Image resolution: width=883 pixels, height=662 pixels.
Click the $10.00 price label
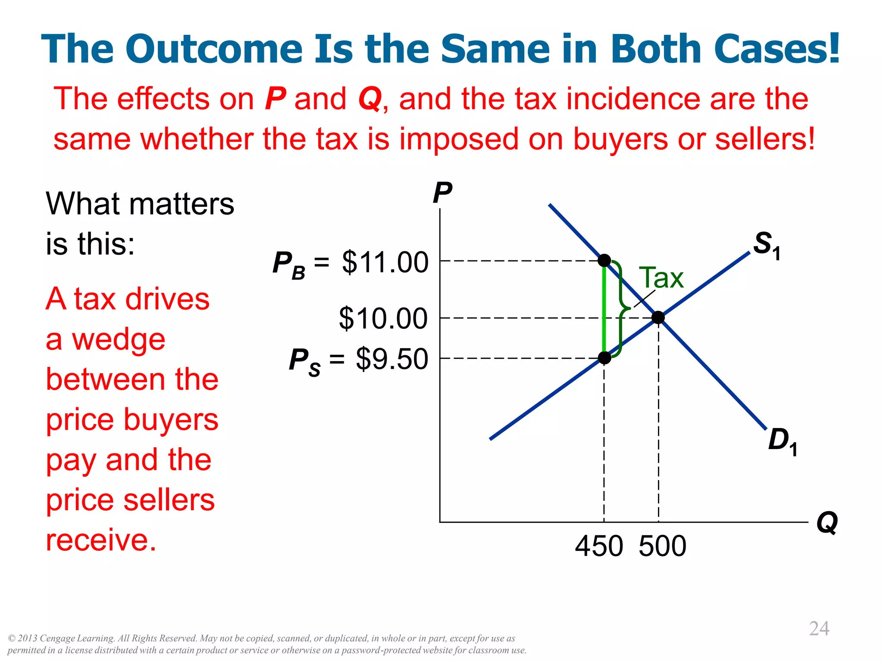click(x=383, y=319)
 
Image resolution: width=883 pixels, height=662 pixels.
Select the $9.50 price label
click(x=391, y=359)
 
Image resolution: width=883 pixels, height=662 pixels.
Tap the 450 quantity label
click(x=599, y=546)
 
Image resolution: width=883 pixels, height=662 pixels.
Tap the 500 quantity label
click(x=662, y=546)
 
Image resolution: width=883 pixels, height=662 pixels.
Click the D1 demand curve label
click(x=782, y=441)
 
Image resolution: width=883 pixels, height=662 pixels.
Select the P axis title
click(x=442, y=193)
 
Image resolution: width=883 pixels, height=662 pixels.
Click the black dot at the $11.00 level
click(x=604, y=260)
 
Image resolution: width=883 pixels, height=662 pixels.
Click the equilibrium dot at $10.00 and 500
click(x=658, y=318)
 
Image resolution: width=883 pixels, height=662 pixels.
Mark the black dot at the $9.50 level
click(x=604, y=358)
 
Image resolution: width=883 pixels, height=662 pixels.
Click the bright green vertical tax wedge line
click(x=604, y=310)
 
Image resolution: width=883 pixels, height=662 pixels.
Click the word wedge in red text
click(x=119, y=340)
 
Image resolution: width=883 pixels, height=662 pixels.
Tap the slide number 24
click(x=819, y=628)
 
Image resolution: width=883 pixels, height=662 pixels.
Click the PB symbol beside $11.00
click(x=288, y=264)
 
